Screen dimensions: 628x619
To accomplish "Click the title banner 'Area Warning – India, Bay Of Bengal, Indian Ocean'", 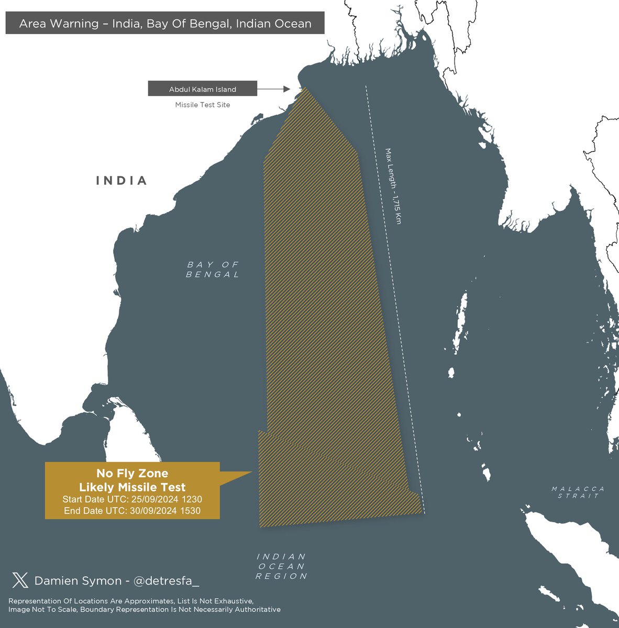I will click(x=165, y=24).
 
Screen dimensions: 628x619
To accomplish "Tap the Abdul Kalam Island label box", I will click(x=202, y=89).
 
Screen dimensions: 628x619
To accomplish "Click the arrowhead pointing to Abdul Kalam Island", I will click(x=286, y=89).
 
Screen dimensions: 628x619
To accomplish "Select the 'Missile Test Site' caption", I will click(x=202, y=105).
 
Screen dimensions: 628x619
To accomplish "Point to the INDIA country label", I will click(x=121, y=181).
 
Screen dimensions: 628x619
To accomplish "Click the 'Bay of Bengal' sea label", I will click(x=213, y=270).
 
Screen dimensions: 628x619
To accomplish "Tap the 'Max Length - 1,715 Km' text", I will click(x=393, y=186).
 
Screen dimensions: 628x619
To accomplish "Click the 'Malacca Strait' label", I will click(x=578, y=492).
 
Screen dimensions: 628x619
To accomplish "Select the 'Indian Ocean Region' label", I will click(x=281, y=566).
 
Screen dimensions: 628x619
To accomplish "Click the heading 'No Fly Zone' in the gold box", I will click(x=132, y=474).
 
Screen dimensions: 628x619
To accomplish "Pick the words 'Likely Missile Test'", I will click(x=132, y=487).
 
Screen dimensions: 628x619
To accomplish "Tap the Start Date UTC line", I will click(x=132, y=499).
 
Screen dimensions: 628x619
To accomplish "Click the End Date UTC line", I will click(x=132, y=511).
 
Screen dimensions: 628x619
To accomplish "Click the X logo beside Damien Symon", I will click(x=20, y=580).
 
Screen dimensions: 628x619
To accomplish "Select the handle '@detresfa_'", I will click(x=167, y=581).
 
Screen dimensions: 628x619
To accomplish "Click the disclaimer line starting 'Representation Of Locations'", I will click(x=131, y=601).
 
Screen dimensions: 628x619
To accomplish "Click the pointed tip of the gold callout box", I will click(x=251, y=473).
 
